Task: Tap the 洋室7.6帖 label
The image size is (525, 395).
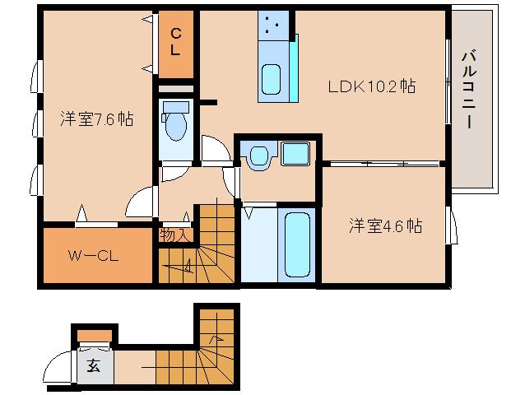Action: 96,119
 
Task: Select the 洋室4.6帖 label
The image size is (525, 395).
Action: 384,225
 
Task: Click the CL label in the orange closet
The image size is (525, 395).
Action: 176,41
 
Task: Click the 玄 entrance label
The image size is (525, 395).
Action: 94,367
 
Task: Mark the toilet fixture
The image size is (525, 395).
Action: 175,123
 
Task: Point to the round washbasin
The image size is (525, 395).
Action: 258,156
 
